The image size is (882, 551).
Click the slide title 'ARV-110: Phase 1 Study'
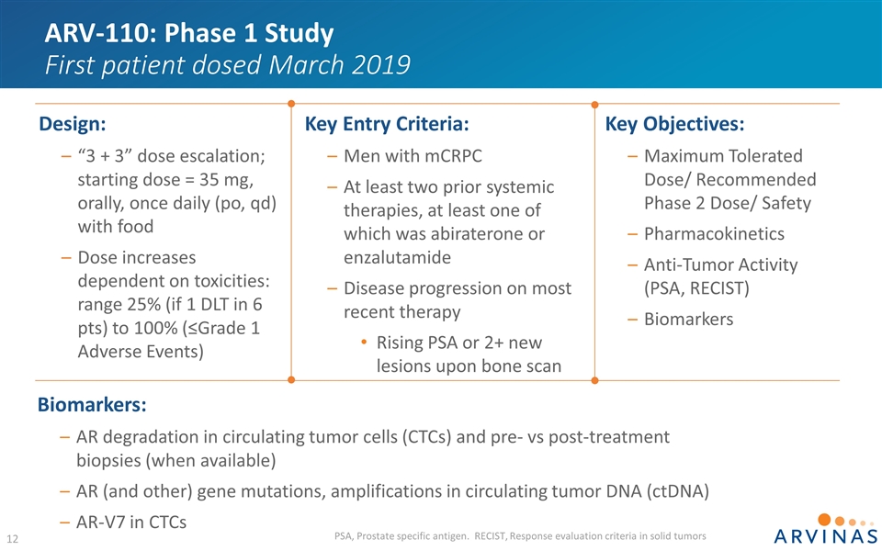189,34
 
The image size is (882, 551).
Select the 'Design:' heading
73,123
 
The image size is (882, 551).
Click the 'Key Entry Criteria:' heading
387,123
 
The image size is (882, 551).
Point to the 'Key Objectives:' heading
675,123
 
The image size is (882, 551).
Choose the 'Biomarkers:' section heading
92,404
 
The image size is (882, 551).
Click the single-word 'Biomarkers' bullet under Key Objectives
689,319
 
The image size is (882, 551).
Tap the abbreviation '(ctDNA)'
675,490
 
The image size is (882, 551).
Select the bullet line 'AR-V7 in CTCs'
131,522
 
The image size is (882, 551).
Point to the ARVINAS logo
812,528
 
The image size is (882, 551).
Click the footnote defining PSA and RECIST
521,535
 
